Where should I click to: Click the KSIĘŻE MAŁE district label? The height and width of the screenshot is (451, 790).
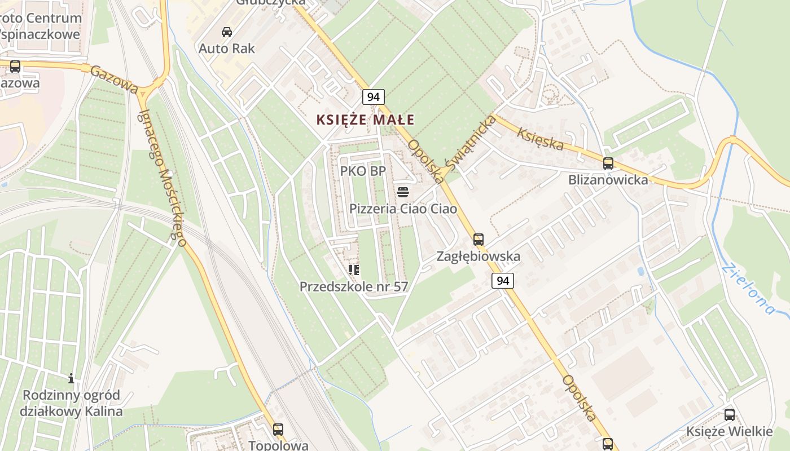(365, 120)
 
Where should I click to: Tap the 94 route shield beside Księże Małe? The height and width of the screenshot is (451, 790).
(373, 97)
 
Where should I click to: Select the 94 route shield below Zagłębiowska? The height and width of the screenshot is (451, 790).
(502, 280)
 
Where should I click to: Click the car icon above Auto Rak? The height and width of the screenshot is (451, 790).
(227, 32)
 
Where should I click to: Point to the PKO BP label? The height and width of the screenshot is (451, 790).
(363, 171)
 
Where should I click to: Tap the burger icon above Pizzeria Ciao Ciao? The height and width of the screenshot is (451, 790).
(402, 192)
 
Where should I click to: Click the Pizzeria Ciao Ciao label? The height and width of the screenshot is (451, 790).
(403, 209)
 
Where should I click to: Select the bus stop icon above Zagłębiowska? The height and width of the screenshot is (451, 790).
(479, 240)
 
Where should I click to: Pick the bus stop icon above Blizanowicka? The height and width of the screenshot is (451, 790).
(608, 163)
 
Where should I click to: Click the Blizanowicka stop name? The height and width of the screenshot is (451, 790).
(608, 180)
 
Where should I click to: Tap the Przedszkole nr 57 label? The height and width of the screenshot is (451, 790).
(354, 286)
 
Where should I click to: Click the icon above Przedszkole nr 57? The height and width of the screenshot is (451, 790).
(354, 270)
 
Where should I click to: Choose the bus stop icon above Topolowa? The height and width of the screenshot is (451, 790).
(278, 429)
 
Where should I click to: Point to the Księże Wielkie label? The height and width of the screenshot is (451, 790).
(729, 432)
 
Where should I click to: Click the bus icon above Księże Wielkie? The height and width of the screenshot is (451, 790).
(730, 415)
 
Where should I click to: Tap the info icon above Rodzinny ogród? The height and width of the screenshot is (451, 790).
(71, 378)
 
